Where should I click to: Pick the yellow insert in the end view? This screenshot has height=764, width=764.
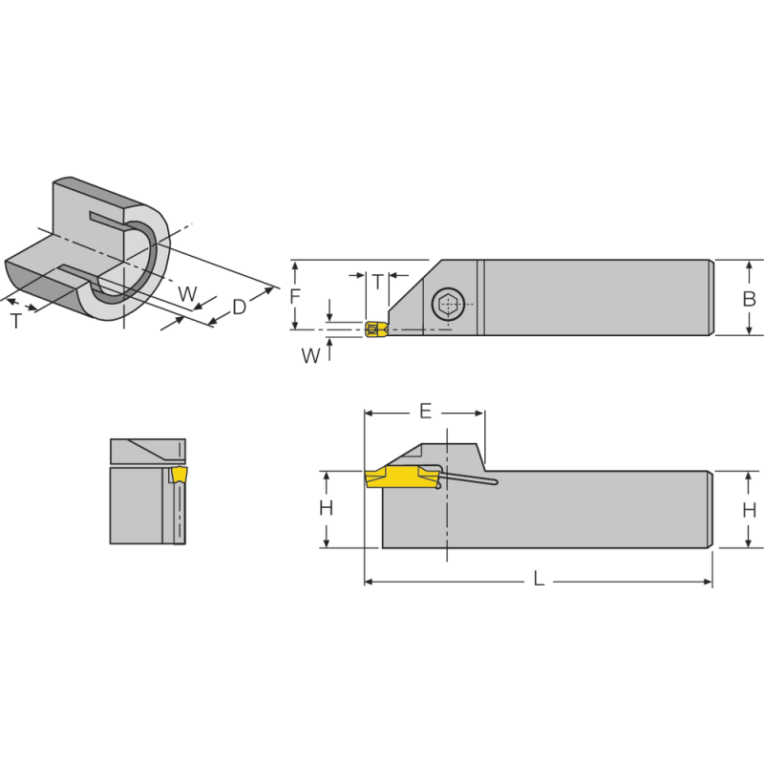click(x=179, y=475)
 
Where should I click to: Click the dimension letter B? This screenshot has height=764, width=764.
click(x=750, y=298)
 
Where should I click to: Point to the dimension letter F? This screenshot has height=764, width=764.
click(x=295, y=296)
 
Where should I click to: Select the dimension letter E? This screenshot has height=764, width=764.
click(x=426, y=412)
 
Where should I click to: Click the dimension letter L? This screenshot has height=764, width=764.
click(x=539, y=580)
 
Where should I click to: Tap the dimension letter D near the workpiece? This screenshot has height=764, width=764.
click(x=240, y=307)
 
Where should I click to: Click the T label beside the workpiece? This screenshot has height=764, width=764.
click(x=16, y=321)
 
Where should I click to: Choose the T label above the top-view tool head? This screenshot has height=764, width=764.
click(x=377, y=282)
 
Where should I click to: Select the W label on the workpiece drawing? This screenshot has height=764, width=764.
click(x=187, y=293)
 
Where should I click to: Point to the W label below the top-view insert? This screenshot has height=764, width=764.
click(x=310, y=356)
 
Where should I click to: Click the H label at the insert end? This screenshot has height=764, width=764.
click(x=326, y=509)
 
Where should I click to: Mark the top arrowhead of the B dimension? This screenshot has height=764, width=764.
click(x=750, y=265)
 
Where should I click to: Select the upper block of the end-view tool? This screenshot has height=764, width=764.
click(x=147, y=451)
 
